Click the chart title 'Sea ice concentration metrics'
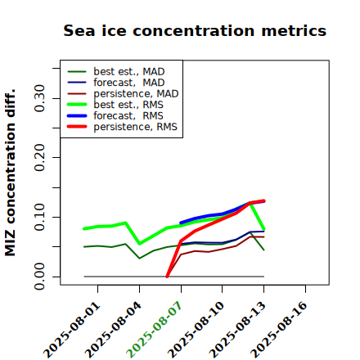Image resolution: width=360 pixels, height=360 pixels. pyautogui.click(x=195, y=30)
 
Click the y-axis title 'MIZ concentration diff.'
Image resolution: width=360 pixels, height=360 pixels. pyautogui.click(x=10, y=173)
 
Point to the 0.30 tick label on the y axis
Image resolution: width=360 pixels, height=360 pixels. pyautogui.click(x=39, y=98)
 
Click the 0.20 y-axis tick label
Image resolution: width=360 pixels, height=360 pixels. pyautogui.click(x=39, y=158)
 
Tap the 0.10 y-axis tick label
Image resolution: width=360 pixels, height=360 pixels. pyautogui.click(x=39, y=217)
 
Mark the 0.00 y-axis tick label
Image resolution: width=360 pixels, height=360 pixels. pyautogui.click(x=39, y=277)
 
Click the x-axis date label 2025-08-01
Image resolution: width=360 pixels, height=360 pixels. pyautogui.click(x=72, y=330)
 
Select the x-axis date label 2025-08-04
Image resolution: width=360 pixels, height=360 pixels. pyautogui.click(x=114, y=330)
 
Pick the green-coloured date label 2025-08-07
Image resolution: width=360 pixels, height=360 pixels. pyautogui.click(x=155, y=330)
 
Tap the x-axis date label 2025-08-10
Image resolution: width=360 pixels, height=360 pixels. pyautogui.click(x=197, y=330)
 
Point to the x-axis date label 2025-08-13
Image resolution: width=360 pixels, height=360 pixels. pyautogui.click(x=239, y=330)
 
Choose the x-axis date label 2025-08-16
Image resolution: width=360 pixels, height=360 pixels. pyautogui.click(x=280, y=330)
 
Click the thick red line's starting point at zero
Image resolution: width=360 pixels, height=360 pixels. pyautogui.click(x=167, y=277)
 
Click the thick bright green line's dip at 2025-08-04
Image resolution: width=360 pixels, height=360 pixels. pyautogui.click(x=140, y=244)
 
